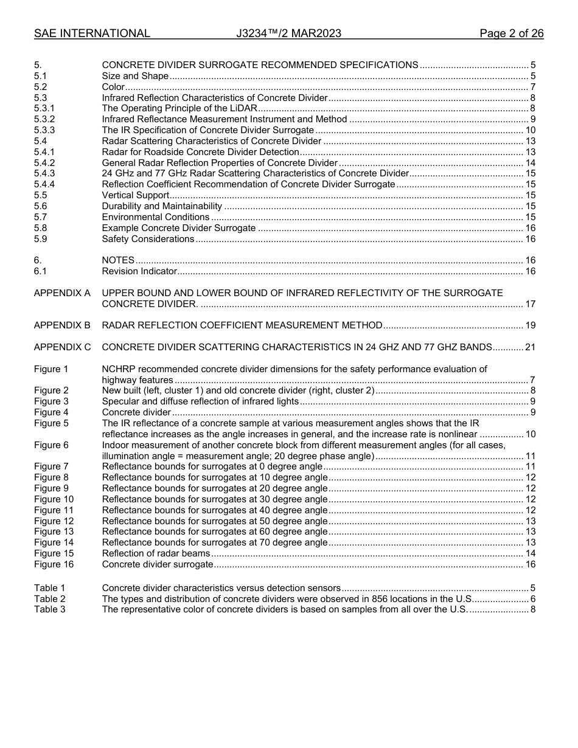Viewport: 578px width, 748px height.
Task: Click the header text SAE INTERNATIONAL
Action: click(x=92, y=33)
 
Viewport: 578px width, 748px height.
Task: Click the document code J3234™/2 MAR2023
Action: click(x=288, y=33)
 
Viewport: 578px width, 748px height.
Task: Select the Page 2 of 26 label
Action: click(x=511, y=33)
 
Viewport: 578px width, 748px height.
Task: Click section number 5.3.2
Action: click(x=44, y=119)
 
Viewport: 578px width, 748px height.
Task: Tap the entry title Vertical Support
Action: click(x=135, y=195)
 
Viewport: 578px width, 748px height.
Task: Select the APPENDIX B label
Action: click(x=62, y=325)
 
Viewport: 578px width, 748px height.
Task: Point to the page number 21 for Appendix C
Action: click(x=530, y=347)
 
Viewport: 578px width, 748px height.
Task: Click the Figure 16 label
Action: click(x=54, y=564)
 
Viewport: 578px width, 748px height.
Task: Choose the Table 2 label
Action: click(x=49, y=599)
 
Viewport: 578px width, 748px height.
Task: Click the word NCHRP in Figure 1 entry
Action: click(x=118, y=369)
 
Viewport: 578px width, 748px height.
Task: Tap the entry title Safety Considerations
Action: click(x=148, y=239)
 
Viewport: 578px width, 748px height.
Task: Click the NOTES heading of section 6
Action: click(x=118, y=260)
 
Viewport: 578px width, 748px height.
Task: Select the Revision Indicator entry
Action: click(x=139, y=271)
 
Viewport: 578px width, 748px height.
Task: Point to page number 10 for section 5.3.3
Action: click(x=530, y=130)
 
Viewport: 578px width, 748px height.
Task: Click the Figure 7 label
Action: click(x=51, y=466)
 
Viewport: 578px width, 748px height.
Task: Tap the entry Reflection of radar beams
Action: click(x=156, y=553)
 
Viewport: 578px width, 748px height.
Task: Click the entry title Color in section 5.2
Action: click(x=113, y=87)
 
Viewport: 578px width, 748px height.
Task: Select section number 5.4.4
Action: click(x=44, y=184)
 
